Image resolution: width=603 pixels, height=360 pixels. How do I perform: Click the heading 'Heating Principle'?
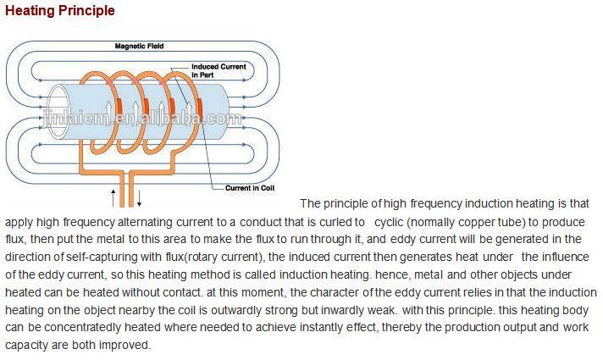(x=60, y=11)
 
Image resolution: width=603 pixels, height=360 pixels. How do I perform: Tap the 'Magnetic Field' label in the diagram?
(x=139, y=46)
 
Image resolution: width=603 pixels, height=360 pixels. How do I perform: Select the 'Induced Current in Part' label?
(x=219, y=71)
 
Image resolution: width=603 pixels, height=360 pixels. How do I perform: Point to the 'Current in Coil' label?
(x=250, y=188)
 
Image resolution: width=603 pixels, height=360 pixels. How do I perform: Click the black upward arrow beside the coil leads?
(x=113, y=197)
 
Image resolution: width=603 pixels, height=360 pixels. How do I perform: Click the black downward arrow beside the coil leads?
(x=139, y=197)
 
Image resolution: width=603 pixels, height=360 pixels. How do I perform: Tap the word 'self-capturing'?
(x=102, y=257)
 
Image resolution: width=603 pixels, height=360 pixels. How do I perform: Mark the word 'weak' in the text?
(x=380, y=310)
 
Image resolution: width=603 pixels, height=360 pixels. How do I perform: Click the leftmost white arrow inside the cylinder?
(x=109, y=108)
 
